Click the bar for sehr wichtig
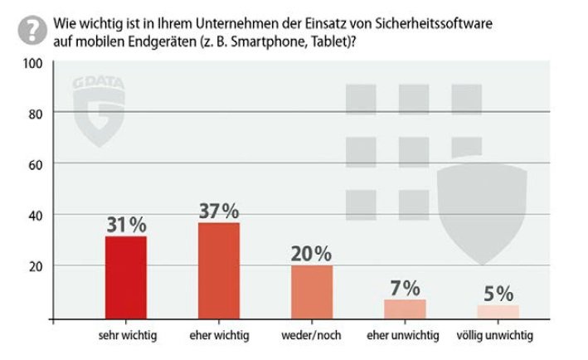click(126, 277)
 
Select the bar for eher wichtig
click(219, 270)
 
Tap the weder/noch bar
click(312, 291)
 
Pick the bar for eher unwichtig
click(405, 309)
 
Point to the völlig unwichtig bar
click(498, 311)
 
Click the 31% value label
click(126, 224)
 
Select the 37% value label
click(219, 210)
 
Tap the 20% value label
click(312, 253)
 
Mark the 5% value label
click(498, 293)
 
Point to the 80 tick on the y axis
click(34, 113)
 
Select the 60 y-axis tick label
click(34, 164)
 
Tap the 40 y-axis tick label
click(34, 216)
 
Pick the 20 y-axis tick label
click(34, 267)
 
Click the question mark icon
click(30, 31)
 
